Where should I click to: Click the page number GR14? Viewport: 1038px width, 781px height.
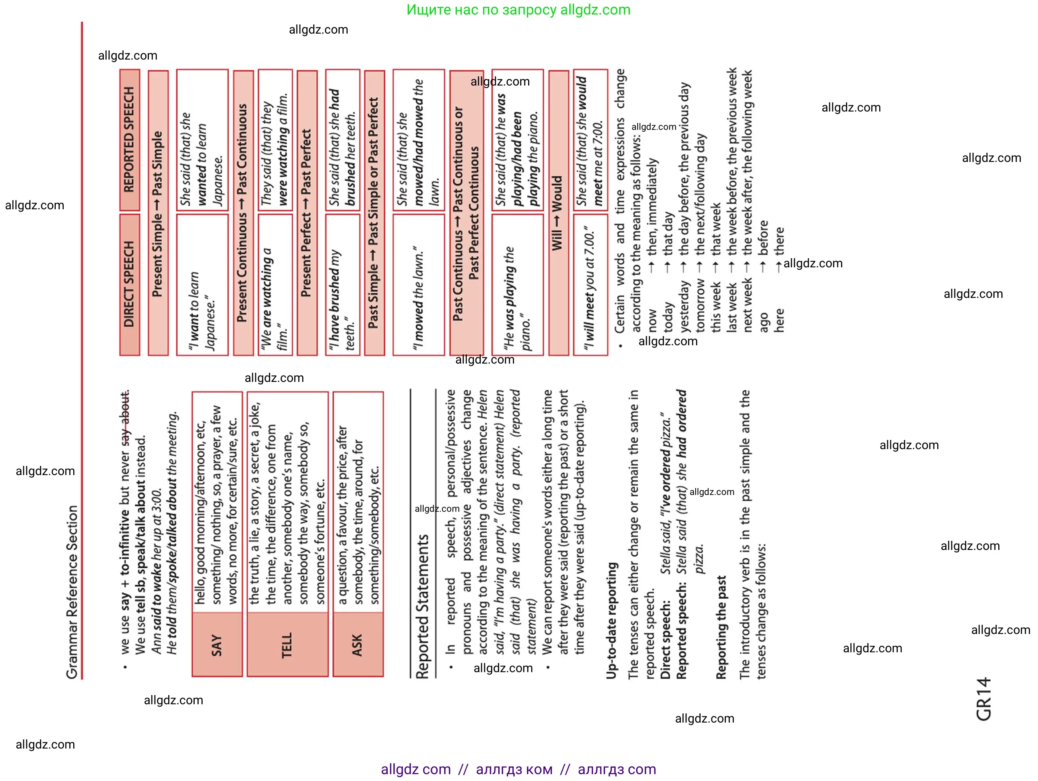pyautogui.click(x=983, y=699)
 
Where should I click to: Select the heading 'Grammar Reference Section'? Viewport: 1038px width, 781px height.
pyautogui.click(x=72, y=592)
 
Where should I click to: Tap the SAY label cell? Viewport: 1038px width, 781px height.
pyautogui.click(x=217, y=645)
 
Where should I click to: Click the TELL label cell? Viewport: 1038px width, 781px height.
pyautogui.click(x=287, y=645)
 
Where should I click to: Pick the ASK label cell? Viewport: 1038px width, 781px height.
pyautogui.click(x=358, y=645)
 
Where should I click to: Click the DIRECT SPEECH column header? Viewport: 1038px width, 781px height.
pyautogui.click(x=129, y=284)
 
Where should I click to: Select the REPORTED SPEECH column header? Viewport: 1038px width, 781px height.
pyautogui.click(x=129, y=139)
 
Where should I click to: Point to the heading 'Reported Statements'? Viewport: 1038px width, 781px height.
pyautogui.click(x=422, y=606)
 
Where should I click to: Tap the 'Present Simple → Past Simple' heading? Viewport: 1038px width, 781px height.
pyautogui.click(x=158, y=214)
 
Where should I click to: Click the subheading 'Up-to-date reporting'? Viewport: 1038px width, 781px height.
pyautogui.click(x=611, y=620)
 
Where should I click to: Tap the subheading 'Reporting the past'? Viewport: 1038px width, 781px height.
pyautogui.click(x=721, y=627)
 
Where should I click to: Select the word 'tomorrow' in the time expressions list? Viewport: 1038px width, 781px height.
pyautogui.click(x=700, y=305)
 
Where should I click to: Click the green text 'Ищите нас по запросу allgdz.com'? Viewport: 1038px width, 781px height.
pyautogui.click(x=518, y=10)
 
